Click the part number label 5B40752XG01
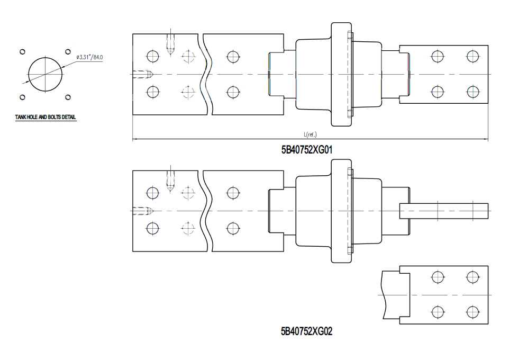click(x=307, y=150)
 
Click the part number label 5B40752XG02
click(x=307, y=331)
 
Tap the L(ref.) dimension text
click(x=311, y=134)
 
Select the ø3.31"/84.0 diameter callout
click(x=89, y=57)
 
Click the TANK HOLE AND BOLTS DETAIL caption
click(x=46, y=117)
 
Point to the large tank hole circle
click(x=45, y=75)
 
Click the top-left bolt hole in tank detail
click(x=22, y=52)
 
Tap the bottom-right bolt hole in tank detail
click(x=68, y=97)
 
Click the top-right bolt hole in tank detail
click(x=68, y=52)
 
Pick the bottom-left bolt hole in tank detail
click(x=22, y=97)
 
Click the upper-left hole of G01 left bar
click(x=152, y=57)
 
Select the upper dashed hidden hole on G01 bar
click(x=188, y=57)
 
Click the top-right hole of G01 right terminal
click(x=472, y=56)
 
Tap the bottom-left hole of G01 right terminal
click(x=438, y=92)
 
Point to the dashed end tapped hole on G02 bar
click(x=142, y=211)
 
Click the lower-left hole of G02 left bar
click(x=152, y=229)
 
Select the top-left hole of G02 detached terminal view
click(x=438, y=277)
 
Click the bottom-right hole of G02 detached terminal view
click(x=472, y=312)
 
